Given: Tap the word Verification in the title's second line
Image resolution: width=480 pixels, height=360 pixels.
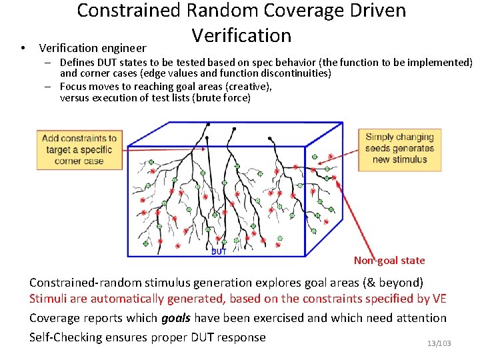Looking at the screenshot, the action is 241,35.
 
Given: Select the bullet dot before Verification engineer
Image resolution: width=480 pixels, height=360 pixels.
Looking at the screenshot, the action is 23,48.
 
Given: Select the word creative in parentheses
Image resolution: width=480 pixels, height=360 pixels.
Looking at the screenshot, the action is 249,86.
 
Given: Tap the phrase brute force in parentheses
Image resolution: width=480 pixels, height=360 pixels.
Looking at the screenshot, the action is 227,97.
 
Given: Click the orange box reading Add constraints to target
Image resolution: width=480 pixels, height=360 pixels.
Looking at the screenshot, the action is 79,149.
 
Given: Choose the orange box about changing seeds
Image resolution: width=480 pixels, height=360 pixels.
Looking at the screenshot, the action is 399,149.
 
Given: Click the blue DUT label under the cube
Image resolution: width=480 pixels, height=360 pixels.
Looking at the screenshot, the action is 219,251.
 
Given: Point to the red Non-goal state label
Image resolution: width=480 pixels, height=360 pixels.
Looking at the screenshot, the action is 389,261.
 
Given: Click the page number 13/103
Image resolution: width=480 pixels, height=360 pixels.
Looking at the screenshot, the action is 439,343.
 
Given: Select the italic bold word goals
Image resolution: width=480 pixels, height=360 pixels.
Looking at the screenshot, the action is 176,319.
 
